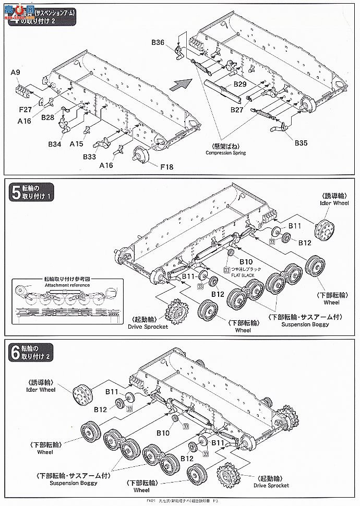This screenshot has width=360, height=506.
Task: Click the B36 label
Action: (158, 42)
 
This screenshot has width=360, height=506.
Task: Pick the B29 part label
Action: (240, 84)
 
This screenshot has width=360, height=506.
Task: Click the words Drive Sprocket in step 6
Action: (272, 486)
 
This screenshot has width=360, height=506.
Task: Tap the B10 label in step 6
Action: (164, 432)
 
